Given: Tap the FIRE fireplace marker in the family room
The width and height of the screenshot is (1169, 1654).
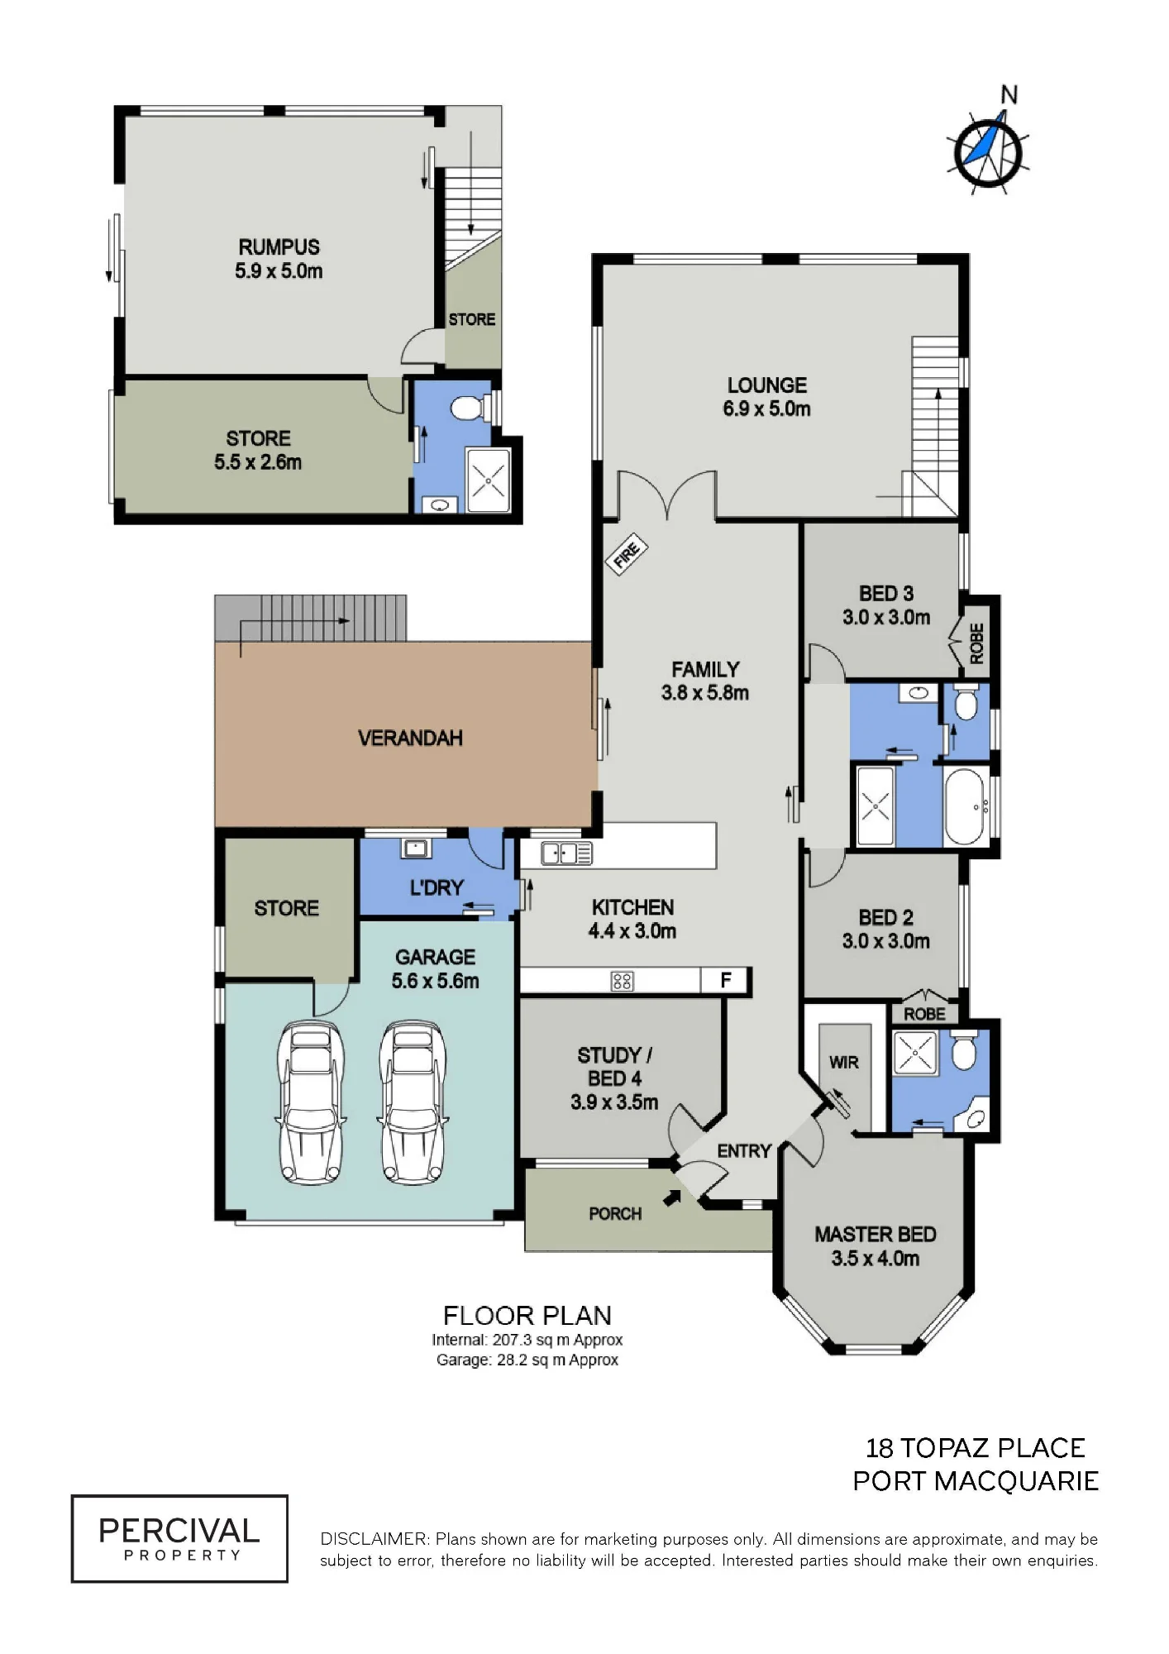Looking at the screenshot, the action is [x=627, y=554].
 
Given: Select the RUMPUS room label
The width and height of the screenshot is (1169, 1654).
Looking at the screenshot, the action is [x=279, y=247].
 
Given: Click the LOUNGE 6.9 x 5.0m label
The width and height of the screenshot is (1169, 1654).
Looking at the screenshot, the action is [x=767, y=397].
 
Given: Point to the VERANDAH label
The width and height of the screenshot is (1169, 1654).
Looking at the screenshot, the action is [x=410, y=738].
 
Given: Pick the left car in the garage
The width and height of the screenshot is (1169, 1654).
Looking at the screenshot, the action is [x=309, y=1102].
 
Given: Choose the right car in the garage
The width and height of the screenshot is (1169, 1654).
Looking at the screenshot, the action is [x=413, y=1102].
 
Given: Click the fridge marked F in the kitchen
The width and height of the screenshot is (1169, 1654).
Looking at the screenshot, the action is [x=725, y=981].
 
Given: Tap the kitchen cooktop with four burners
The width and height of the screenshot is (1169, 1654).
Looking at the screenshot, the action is [x=622, y=981].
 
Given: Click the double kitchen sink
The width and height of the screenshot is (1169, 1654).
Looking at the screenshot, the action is [x=567, y=853].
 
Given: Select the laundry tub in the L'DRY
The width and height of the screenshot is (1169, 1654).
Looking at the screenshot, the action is [x=414, y=848].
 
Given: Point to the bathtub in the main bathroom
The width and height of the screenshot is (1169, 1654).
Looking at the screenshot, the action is [x=966, y=807].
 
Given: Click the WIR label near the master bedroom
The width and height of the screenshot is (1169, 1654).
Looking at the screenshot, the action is [x=843, y=1063].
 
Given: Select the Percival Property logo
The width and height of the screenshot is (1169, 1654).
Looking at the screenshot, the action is [x=179, y=1539].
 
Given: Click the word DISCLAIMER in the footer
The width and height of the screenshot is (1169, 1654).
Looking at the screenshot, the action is [x=375, y=1539].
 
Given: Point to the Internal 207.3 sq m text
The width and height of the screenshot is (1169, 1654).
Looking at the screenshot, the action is [x=527, y=1340].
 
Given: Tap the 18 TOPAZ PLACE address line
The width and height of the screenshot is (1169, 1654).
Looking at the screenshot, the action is [x=976, y=1448].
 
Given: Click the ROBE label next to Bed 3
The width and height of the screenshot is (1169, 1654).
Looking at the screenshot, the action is [x=976, y=643].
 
